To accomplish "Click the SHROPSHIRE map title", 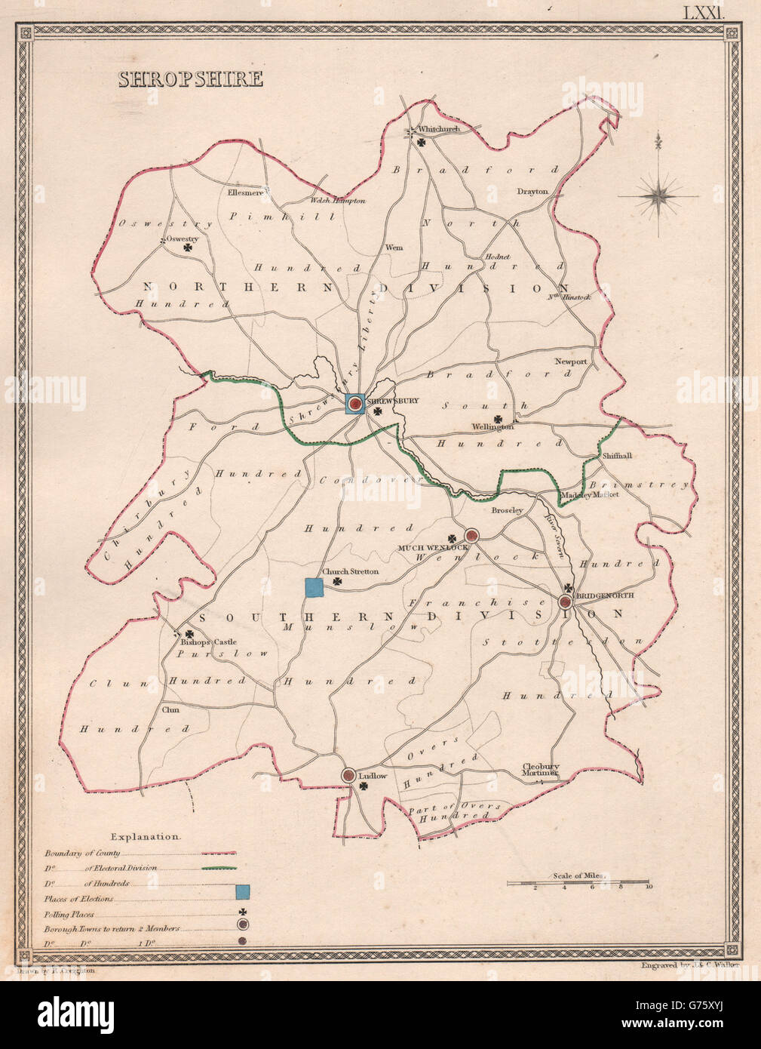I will (190, 78).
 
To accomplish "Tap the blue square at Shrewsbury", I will (354, 405).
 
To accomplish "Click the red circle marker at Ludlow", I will (348, 775).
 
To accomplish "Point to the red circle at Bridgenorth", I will (566, 601).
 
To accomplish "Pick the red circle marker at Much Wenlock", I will (471, 536).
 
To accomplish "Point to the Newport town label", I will (571, 362).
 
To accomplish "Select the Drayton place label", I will (532, 192).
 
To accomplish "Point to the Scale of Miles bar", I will (577, 881).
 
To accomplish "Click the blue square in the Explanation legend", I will (242, 894).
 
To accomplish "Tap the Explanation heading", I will (145, 836).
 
